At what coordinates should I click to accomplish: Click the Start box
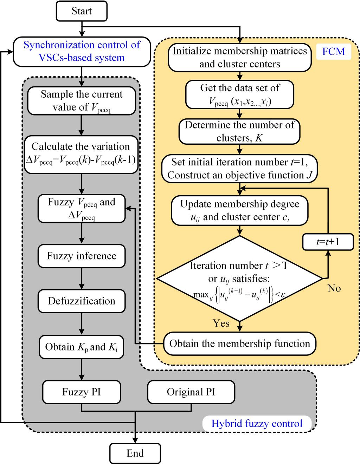(x=82, y=11)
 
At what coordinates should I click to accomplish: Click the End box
(x=135, y=453)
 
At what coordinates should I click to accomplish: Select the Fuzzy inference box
(x=82, y=256)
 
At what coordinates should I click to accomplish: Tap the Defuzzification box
(x=82, y=301)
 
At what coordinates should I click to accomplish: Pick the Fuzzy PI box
(x=82, y=392)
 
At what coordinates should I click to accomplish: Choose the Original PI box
(x=191, y=392)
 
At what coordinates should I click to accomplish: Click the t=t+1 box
(x=328, y=242)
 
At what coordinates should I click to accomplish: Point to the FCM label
(x=334, y=52)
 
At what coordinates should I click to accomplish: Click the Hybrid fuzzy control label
(x=257, y=423)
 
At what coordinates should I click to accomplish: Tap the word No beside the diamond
(x=334, y=289)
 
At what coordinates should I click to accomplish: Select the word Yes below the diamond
(x=221, y=323)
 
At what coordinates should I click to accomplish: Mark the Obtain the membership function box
(x=240, y=343)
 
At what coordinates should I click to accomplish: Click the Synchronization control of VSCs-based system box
(x=82, y=51)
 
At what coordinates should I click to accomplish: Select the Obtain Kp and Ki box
(x=82, y=347)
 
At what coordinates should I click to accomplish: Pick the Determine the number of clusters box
(x=240, y=131)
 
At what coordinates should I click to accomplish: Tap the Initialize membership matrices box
(x=240, y=57)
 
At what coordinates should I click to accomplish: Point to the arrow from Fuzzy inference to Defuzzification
(x=82, y=279)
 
